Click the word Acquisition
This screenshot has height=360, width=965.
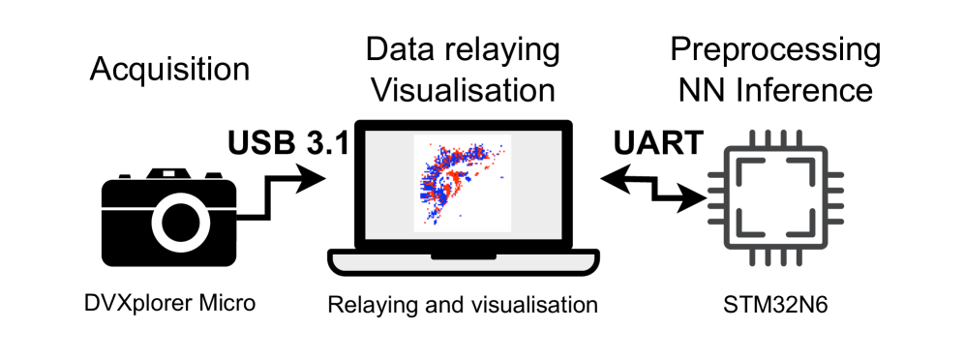169,70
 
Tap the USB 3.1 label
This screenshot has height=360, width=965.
287,143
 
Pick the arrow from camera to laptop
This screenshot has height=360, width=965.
290,189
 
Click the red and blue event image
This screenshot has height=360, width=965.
462,182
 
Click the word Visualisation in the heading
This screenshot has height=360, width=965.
464,91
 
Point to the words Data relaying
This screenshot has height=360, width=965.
464,48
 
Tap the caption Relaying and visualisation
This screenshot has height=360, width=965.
463,305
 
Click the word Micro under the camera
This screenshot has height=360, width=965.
228,303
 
